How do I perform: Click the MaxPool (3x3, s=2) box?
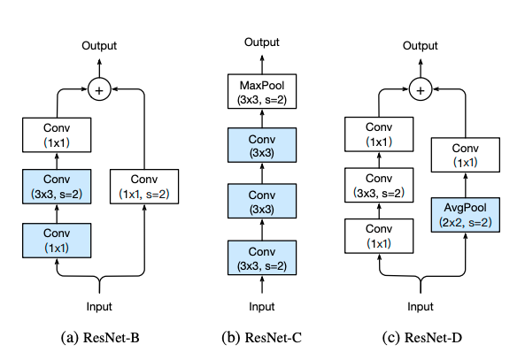262,91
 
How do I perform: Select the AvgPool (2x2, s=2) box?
466,215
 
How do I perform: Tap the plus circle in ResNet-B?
99,89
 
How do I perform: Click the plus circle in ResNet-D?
421,89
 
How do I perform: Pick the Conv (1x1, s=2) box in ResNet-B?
144,187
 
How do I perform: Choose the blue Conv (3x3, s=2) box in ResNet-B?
57,187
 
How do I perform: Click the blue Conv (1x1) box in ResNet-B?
57,241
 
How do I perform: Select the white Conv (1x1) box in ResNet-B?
57,134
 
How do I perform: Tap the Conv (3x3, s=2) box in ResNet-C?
262,257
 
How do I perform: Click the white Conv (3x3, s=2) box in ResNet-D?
379,185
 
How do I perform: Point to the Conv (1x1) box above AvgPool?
466,155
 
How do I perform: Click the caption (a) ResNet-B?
100,338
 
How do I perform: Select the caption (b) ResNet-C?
261,338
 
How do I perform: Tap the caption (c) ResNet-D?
422,338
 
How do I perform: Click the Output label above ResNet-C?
262,42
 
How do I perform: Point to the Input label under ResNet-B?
99,306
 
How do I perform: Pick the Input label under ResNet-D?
421,306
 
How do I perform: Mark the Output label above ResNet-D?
421,45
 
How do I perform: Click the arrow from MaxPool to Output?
262,65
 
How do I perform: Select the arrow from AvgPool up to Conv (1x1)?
466,185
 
